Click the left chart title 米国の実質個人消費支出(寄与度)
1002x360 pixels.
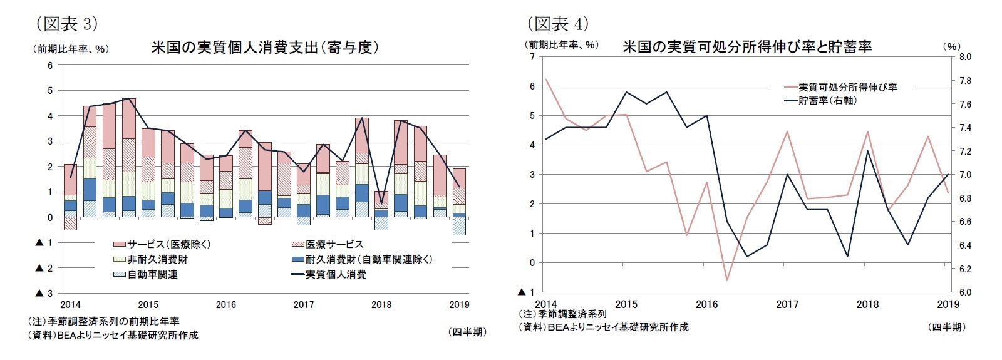(265, 48)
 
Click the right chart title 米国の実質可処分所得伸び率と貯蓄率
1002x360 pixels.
(746, 47)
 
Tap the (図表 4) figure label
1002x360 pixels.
(557, 24)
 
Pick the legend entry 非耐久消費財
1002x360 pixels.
(157, 259)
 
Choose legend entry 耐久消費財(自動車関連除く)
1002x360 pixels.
(369, 259)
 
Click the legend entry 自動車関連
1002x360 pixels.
(152, 274)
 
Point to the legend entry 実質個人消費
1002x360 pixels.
(336, 274)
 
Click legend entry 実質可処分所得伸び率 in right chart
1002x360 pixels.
(847, 87)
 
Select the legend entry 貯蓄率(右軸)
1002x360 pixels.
(827, 100)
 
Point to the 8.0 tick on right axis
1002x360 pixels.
(964, 57)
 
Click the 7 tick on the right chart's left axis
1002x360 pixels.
(532, 57)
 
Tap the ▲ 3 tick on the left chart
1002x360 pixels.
(45, 293)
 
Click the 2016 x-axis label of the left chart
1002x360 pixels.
(225, 305)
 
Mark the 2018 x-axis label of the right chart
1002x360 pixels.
(867, 304)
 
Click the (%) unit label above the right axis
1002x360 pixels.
(951, 46)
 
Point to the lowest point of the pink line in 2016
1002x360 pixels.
(727, 280)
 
